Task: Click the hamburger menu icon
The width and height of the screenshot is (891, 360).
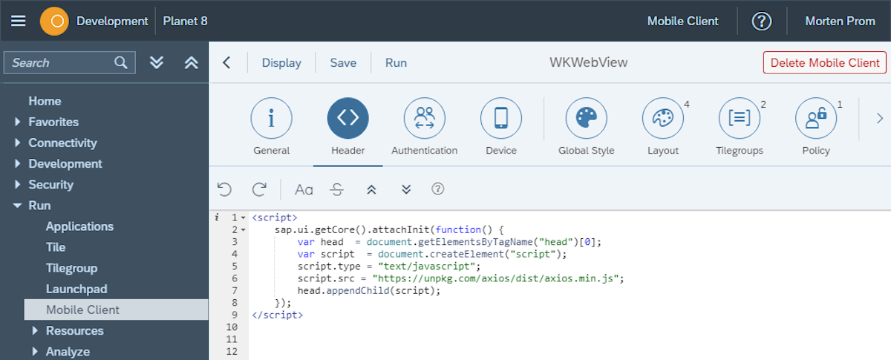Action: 19,21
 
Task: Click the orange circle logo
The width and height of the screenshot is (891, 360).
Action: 54,21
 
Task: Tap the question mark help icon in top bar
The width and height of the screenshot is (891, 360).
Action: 761,21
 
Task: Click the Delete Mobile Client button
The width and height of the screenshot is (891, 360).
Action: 825,62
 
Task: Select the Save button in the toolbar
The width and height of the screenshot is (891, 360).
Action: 343,62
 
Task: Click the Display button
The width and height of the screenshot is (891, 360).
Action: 281,62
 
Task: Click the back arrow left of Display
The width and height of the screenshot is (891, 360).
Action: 226,62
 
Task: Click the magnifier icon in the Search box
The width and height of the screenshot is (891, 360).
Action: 120,62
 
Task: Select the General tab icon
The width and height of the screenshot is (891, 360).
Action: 271,118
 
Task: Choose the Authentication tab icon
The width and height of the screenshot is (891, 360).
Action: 425,118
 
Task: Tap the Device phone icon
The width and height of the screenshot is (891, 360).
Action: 500,118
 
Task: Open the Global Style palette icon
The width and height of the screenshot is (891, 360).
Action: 587,118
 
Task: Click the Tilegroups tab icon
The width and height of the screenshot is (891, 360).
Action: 740,118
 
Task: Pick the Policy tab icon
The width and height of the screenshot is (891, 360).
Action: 816,118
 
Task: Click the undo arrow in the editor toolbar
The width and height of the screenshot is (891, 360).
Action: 224,189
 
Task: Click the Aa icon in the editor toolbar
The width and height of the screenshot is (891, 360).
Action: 304,190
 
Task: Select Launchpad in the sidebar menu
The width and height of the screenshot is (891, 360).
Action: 76,289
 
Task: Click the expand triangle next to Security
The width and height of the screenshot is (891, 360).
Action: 17,184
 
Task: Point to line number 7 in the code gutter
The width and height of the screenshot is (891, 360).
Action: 235,290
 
